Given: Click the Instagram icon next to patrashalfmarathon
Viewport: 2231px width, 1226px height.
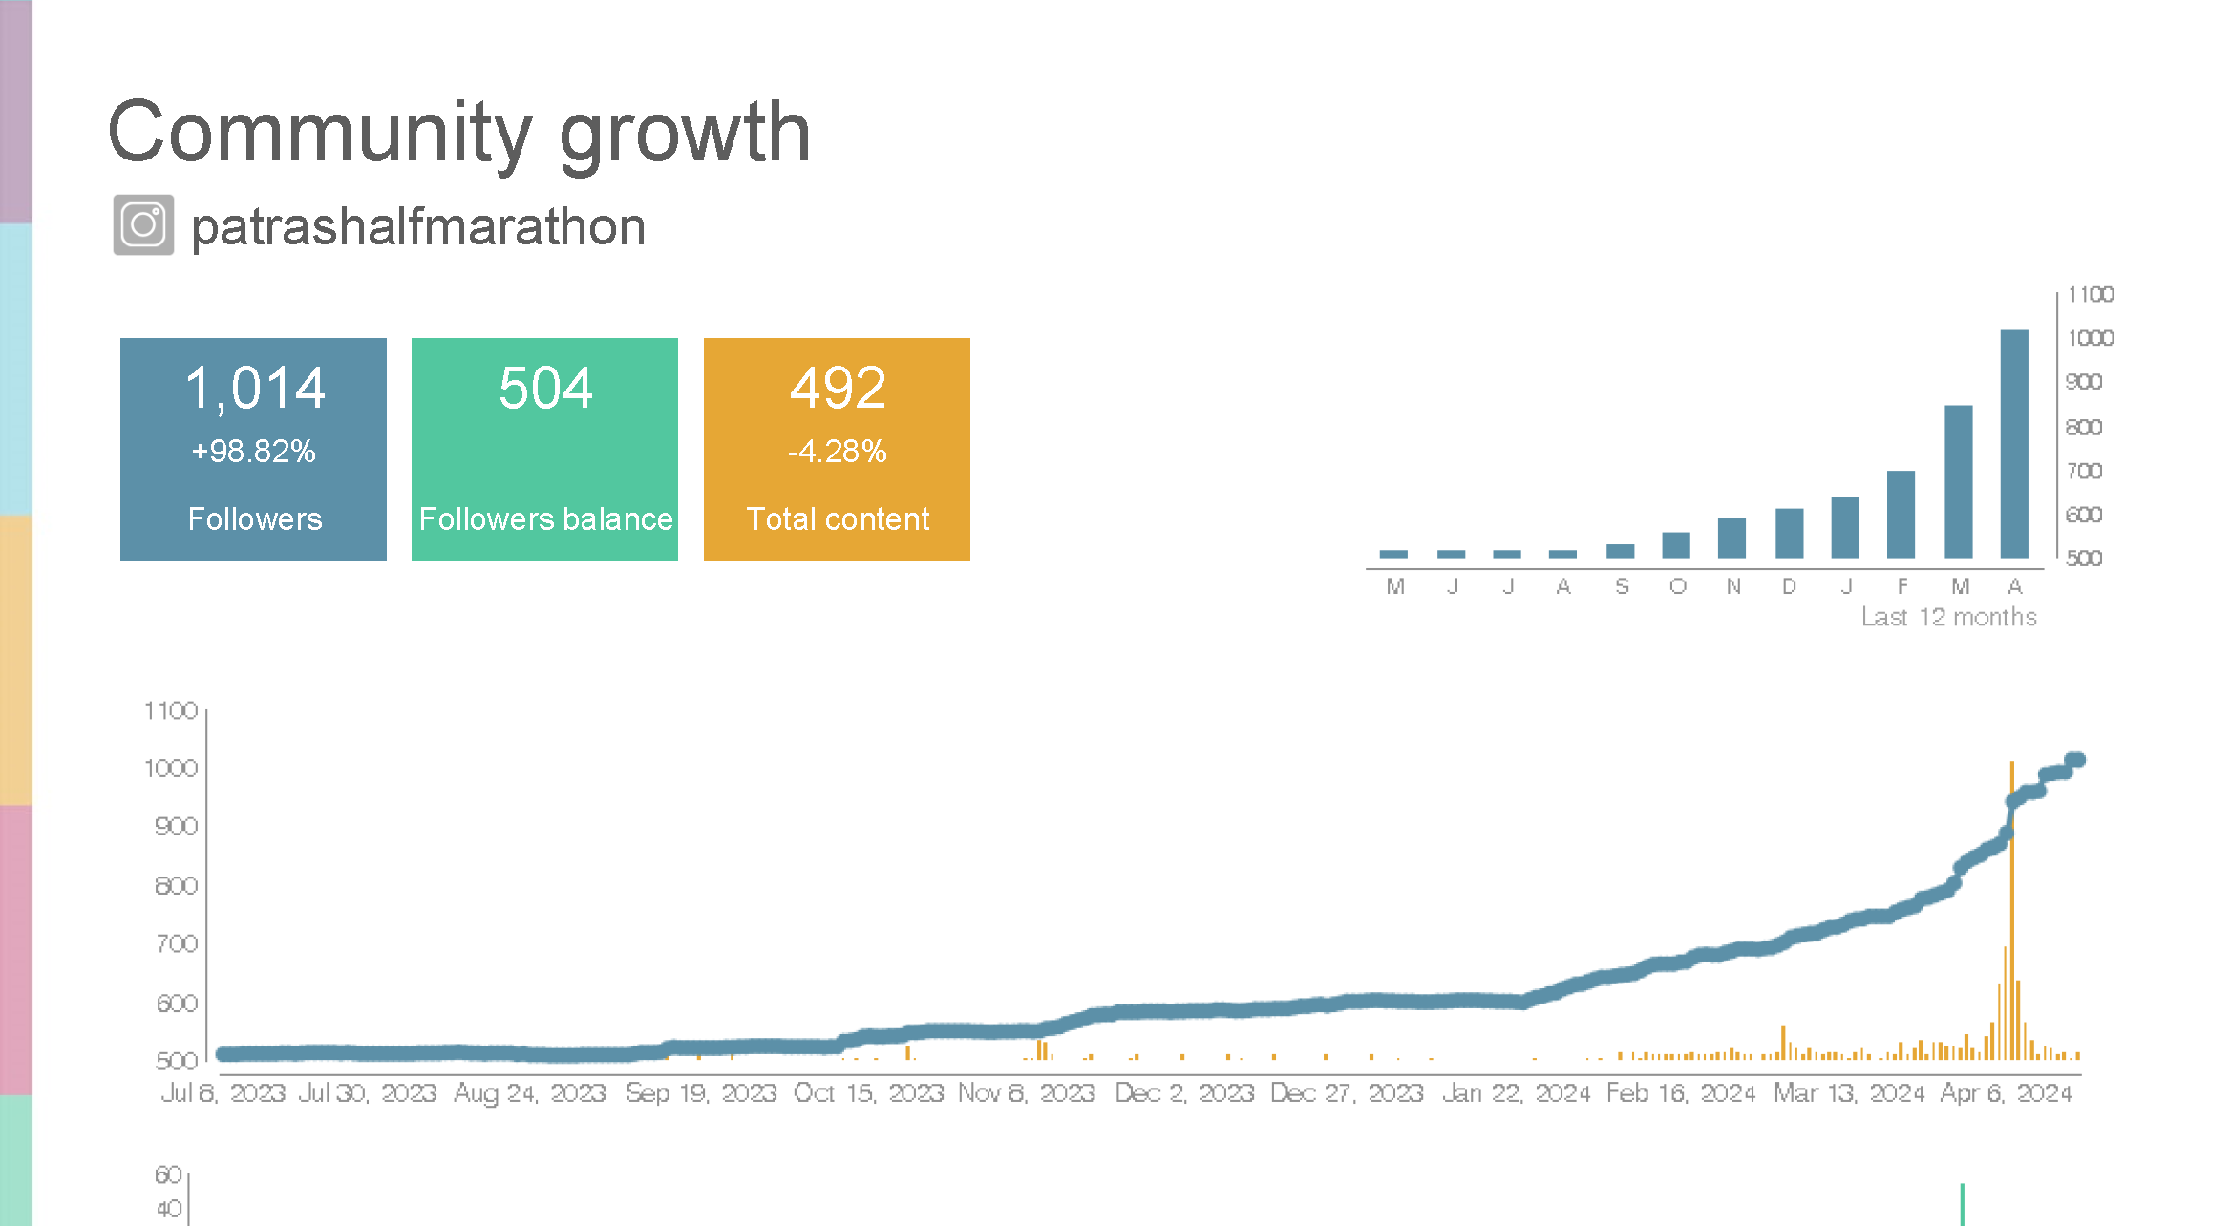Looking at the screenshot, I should click(143, 225).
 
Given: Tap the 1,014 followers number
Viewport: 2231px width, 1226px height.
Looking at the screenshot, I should click(254, 388).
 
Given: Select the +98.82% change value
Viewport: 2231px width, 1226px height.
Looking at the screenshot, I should click(253, 451).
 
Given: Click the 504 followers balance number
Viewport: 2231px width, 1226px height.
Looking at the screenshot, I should click(545, 388).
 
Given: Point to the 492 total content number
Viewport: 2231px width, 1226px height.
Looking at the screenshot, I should click(838, 388).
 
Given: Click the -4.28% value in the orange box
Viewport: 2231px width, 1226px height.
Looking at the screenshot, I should click(837, 451).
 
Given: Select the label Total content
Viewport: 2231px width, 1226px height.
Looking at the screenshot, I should click(837, 518).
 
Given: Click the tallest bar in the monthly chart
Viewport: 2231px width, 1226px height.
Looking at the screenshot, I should click(2013, 444).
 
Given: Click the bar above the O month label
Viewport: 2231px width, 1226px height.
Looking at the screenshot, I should click(1676, 545).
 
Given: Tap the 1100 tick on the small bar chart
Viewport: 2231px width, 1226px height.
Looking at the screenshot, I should click(2090, 295).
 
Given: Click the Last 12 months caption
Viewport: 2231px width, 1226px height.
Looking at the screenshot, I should click(1948, 617).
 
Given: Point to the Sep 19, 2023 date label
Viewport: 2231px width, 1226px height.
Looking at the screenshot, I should click(701, 1092).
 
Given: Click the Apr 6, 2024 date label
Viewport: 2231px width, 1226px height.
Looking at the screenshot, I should click(2006, 1092).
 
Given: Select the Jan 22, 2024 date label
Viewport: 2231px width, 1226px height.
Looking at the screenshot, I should click(1516, 1092).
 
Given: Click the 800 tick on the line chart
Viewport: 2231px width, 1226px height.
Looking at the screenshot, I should click(176, 886).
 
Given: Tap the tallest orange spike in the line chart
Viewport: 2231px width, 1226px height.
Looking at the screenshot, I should click(2011, 907).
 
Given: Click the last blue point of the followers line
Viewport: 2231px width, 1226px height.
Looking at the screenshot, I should click(2076, 760).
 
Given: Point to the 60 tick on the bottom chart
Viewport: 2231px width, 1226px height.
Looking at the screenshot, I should click(168, 1174).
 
